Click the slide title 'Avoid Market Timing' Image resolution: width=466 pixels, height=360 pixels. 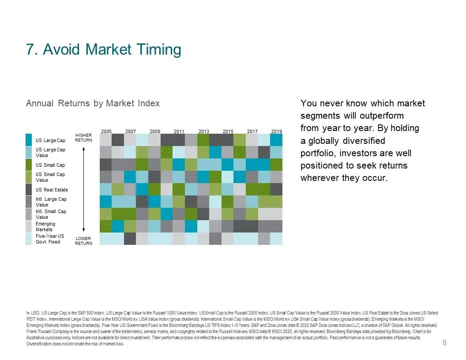(112, 49)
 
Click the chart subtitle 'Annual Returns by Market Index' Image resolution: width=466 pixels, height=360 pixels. (93, 103)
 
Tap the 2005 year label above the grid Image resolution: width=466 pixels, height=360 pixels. (106, 131)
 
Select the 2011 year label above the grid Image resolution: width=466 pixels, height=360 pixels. (179, 131)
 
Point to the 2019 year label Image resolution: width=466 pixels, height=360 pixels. (276, 131)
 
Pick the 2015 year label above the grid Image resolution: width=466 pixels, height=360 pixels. (228, 131)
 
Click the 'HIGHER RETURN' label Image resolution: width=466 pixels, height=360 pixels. (83, 138)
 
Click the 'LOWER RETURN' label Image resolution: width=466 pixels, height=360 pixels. (83, 240)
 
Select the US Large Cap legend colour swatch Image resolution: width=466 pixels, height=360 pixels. (29, 140)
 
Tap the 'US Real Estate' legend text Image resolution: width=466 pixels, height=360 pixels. (52, 190)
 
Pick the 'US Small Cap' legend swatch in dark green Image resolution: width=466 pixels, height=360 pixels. (29, 165)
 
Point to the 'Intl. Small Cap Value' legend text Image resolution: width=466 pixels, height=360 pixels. (51, 214)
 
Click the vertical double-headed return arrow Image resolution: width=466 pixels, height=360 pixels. (83, 189)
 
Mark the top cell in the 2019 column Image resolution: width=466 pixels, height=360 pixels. (276, 140)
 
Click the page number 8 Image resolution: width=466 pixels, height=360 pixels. (444, 342)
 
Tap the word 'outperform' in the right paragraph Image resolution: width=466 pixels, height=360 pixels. (382, 116)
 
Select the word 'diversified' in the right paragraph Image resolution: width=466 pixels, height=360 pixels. (364, 140)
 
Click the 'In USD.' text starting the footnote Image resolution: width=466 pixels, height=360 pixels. (33, 313)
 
